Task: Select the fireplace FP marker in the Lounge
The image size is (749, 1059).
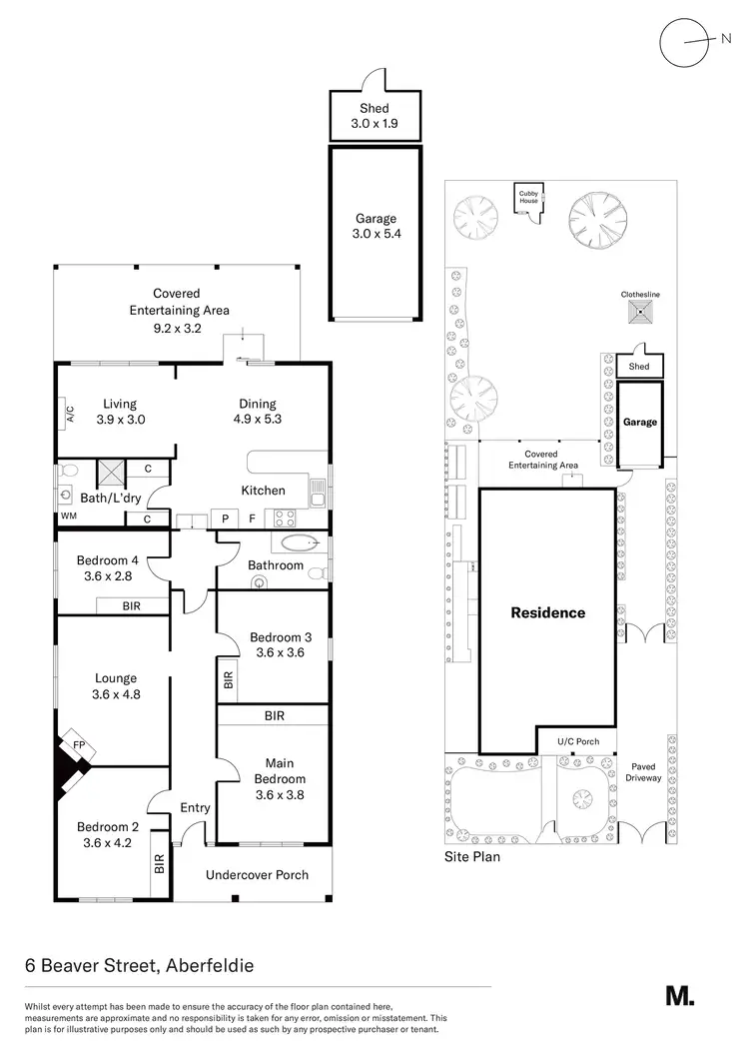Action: (77, 745)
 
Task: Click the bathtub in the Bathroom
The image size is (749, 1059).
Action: (298, 544)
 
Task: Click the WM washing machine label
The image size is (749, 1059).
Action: (69, 517)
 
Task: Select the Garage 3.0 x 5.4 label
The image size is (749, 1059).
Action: (376, 226)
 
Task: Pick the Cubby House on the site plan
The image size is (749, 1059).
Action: (528, 198)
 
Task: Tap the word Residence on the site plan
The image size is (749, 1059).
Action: (548, 612)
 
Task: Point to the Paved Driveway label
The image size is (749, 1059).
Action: (643, 771)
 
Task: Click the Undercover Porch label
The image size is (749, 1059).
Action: (257, 875)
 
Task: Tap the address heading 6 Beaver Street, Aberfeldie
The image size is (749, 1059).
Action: (139, 966)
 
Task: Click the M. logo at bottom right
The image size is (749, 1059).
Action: (679, 995)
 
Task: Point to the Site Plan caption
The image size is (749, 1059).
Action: (471, 857)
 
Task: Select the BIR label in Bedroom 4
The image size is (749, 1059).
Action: (132, 605)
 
